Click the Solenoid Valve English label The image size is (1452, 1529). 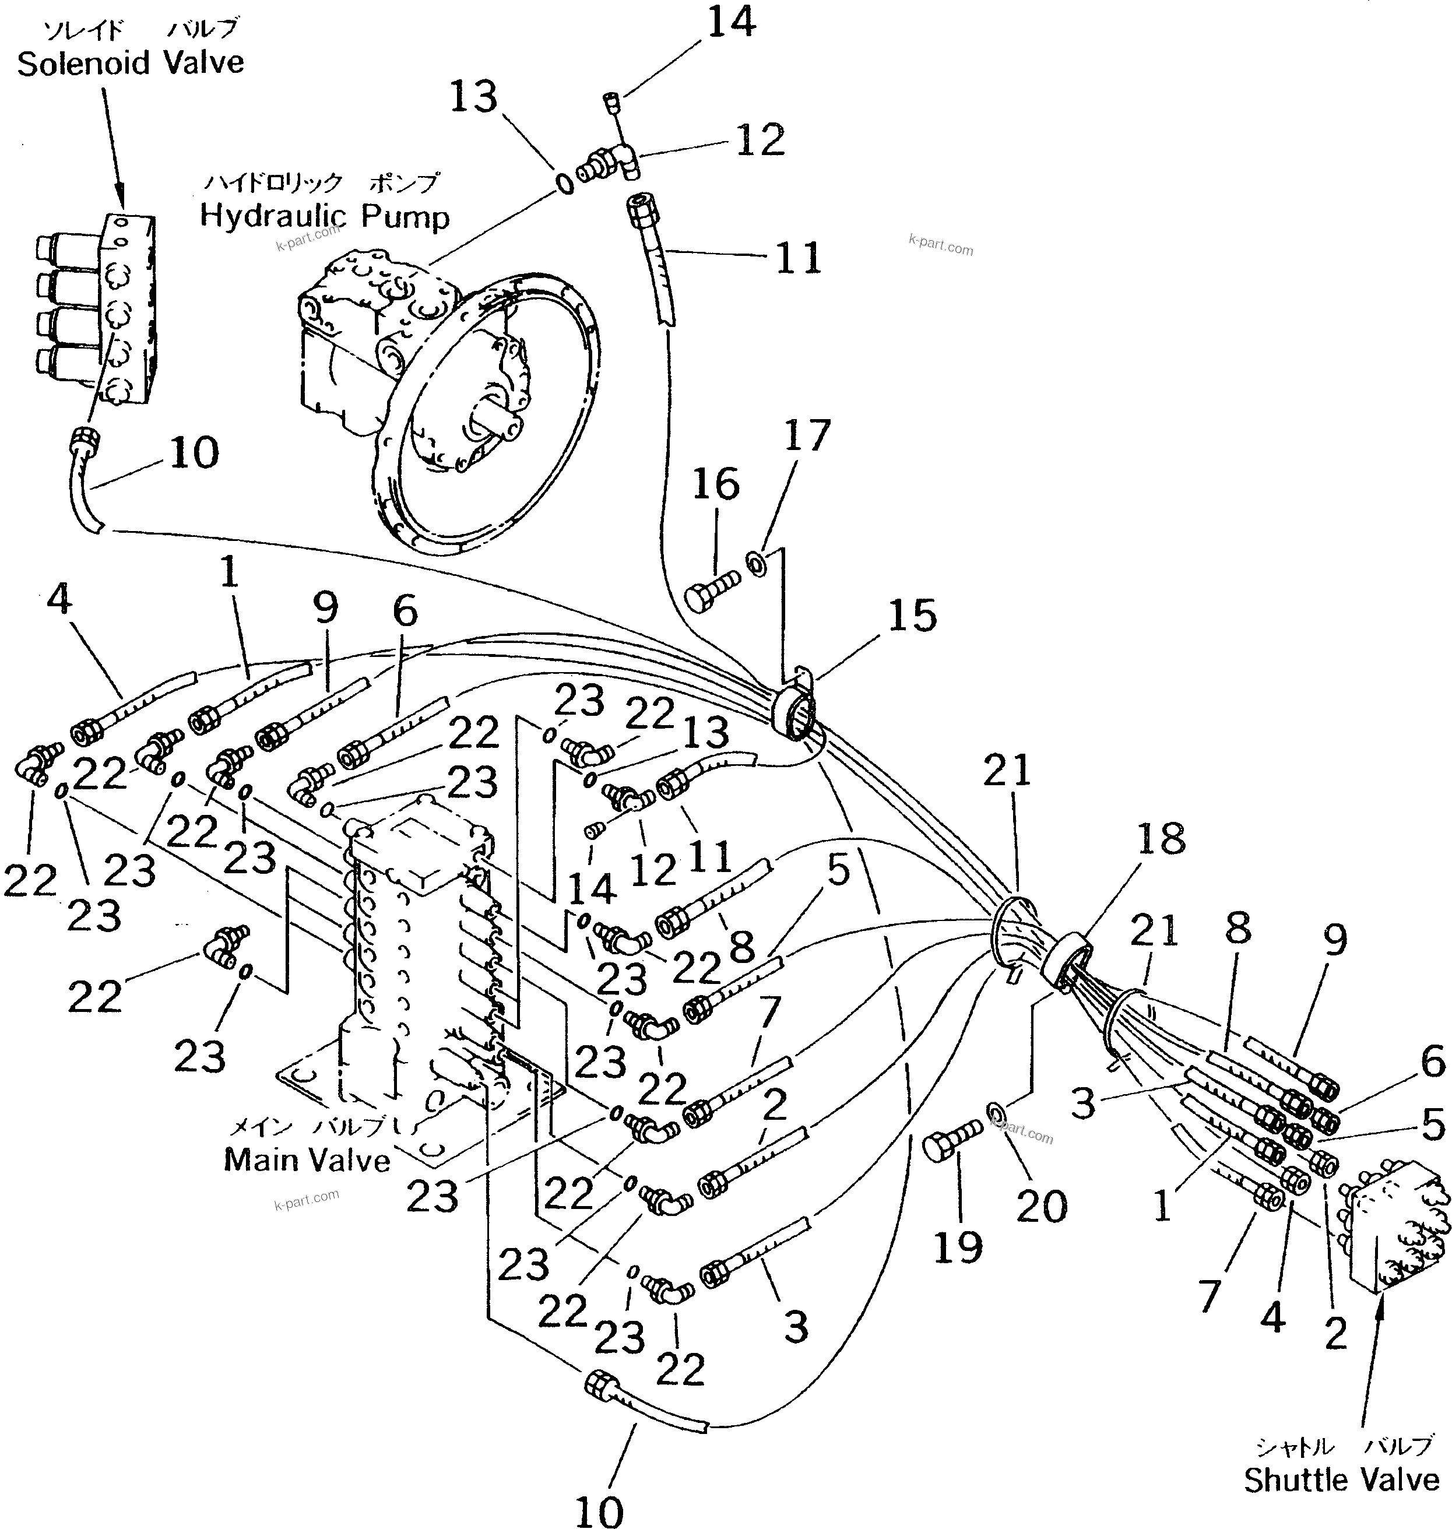tap(130, 64)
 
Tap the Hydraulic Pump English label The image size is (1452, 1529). tap(324, 216)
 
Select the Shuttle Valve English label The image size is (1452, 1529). tap(1341, 1479)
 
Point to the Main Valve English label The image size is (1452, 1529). tap(307, 1159)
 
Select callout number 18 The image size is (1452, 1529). tap(1162, 838)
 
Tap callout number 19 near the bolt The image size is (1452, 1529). tap(958, 1246)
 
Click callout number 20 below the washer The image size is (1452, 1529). tap(1041, 1205)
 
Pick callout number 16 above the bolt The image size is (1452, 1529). tap(715, 484)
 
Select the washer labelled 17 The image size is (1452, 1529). tap(756, 561)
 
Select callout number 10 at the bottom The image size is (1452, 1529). tap(599, 1510)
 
